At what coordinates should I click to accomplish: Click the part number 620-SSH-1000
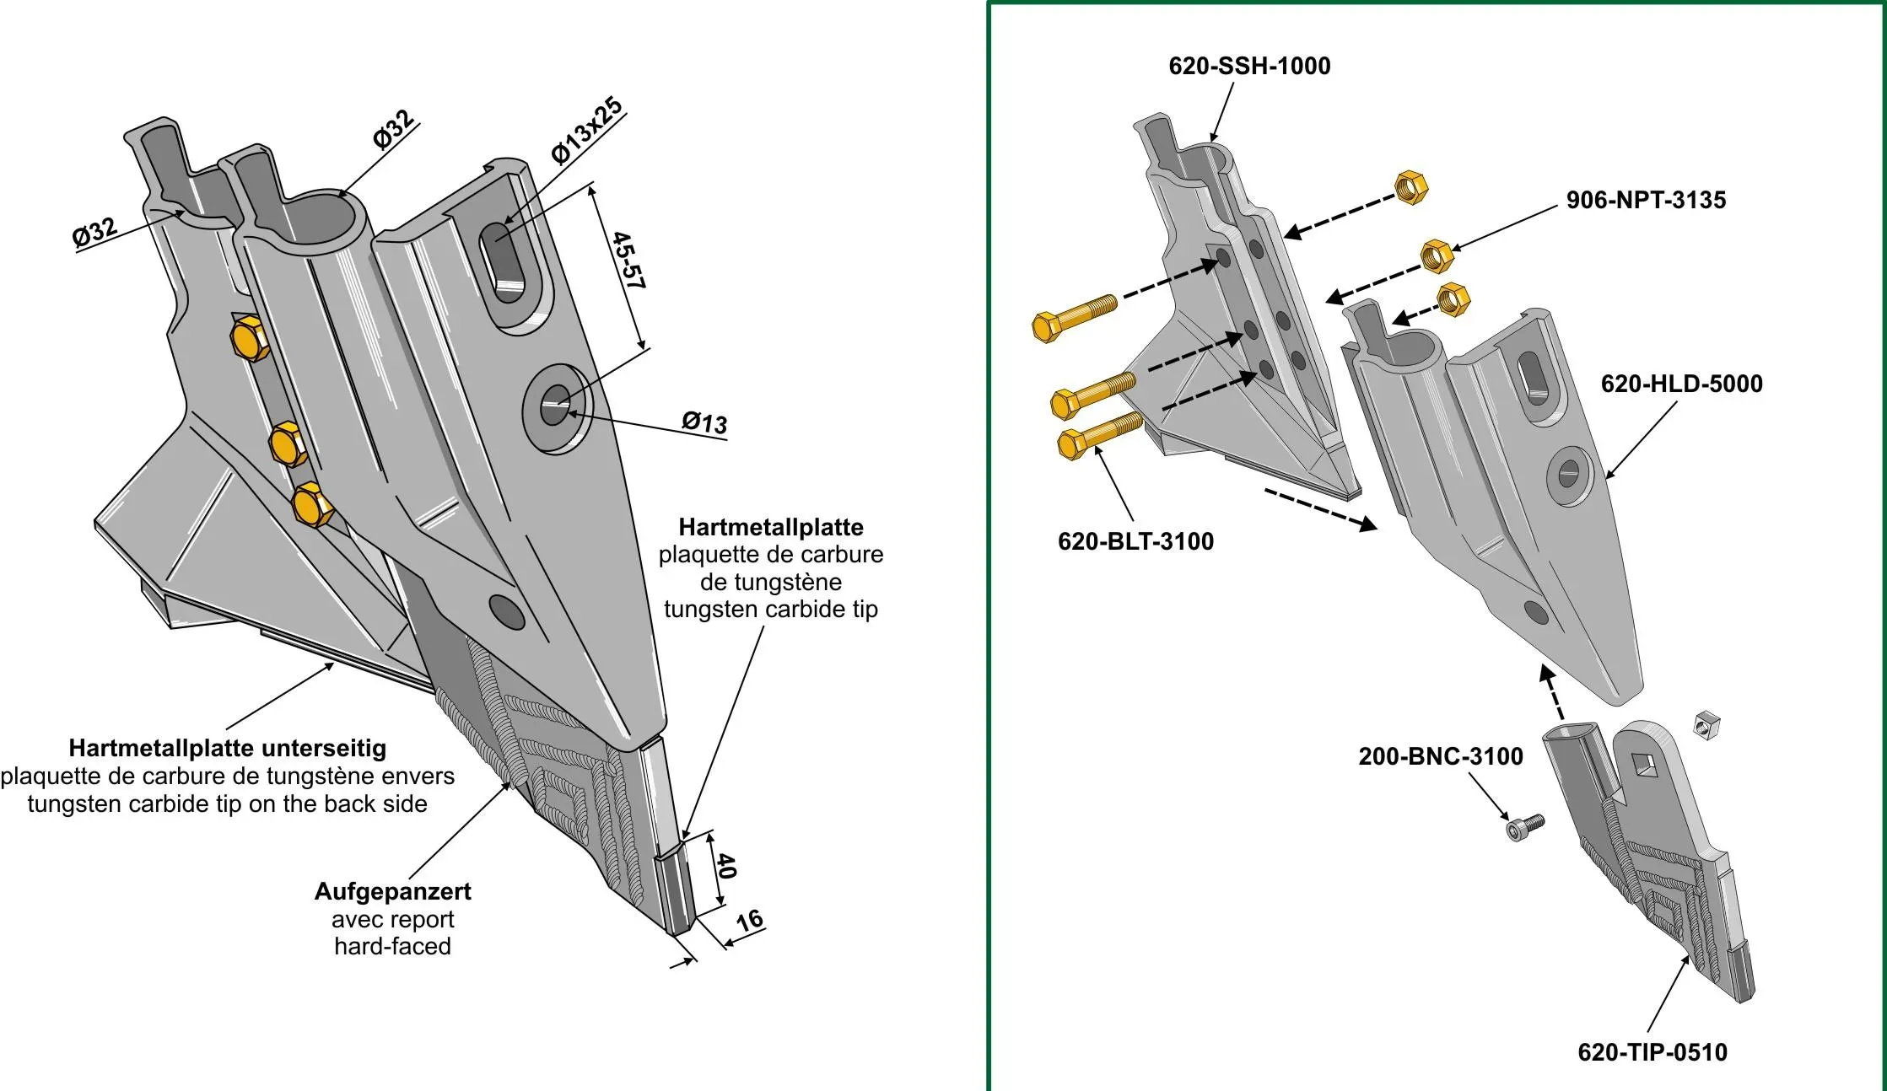tap(1249, 66)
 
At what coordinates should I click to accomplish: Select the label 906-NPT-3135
tap(1646, 200)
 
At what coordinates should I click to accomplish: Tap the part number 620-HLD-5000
tap(1681, 384)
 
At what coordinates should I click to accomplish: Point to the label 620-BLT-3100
tap(1135, 541)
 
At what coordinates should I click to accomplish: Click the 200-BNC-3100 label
tap(1440, 756)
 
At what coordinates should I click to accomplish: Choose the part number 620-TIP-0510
tap(1652, 1052)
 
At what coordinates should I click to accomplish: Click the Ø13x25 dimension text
tap(587, 131)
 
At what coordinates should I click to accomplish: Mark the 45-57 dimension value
tap(629, 261)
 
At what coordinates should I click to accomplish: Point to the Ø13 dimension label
tap(704, 422)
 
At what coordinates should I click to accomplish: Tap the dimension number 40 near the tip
tap(725, 866)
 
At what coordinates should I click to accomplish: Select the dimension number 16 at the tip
tap(749, 920)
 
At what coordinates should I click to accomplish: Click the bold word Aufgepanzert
tap(392, 891)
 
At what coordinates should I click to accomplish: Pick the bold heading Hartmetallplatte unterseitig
tap(228, 748)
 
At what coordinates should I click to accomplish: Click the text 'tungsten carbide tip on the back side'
tap(228, 803)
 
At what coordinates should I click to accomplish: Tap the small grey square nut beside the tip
tap(1706, 724)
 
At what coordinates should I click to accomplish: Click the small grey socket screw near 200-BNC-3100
tap(1523, 826)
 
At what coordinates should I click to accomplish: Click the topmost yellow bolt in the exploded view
tap(1073, 314)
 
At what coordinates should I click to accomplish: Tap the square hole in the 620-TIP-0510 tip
tap(1643, 766)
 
